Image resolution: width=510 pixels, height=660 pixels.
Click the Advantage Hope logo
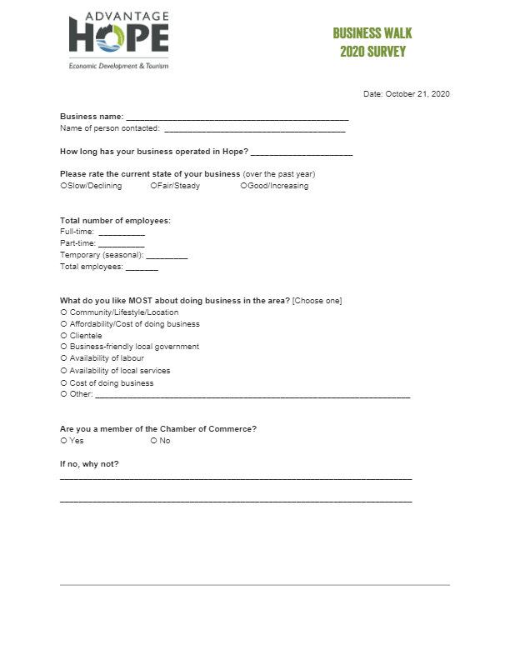point(118,39)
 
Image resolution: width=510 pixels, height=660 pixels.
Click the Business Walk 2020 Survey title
point(372,42)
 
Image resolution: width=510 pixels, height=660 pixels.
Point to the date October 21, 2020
point(407,94)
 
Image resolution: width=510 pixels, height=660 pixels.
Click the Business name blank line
point(237,118)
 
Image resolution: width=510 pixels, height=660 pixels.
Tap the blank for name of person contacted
point(254,129)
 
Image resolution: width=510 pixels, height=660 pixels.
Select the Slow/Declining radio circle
point(64,186)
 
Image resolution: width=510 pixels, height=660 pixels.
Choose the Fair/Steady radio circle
point(154,186)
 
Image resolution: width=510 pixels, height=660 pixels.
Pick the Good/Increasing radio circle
point(244,186)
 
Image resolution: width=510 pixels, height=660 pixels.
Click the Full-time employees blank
point(121,232)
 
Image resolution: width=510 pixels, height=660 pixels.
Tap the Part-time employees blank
point(122,244)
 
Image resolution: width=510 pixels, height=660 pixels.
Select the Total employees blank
point(142,267)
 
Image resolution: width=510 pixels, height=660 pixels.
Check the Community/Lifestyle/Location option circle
point(64,312)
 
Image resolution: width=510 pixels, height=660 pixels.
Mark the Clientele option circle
point(64,336)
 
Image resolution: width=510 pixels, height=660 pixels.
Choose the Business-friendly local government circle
point(64,347)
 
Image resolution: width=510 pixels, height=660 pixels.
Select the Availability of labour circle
point(64,358)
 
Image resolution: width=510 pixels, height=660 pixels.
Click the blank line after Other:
point(252,396)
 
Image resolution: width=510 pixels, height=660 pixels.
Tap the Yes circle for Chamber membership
point(64,441)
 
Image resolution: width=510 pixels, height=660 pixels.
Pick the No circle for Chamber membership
point(154,441)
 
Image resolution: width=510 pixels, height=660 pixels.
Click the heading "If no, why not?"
point(89,463)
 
